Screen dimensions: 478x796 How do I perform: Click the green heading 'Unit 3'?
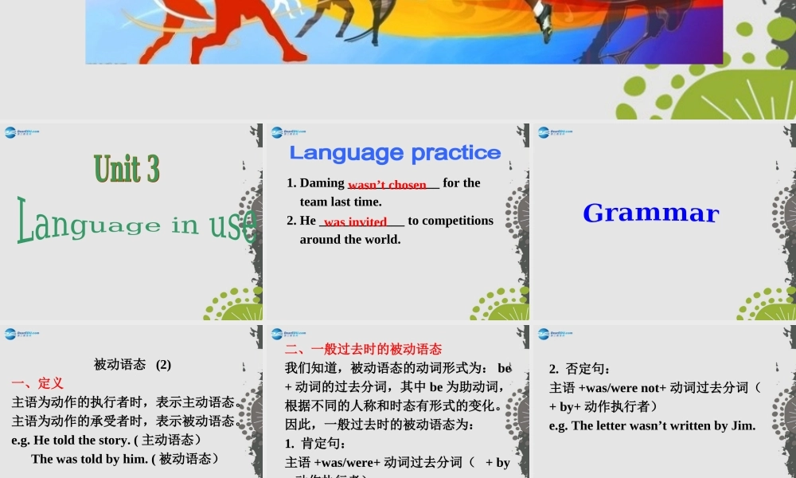coord(127,169)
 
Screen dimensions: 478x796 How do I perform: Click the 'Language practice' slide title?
coord(395,152)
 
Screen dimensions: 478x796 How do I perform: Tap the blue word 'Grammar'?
coord(650,213)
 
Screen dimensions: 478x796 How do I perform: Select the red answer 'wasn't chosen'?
coord(387,185)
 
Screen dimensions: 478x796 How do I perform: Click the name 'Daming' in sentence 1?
coord(322,183)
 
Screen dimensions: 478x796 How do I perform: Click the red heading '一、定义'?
coord(37,383)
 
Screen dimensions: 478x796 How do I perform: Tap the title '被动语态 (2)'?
coord(132,364)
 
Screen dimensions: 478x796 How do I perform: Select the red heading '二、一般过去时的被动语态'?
coord(363,349)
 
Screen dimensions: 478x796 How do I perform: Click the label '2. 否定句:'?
coord(579,369)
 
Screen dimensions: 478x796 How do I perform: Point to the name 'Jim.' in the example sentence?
coord(741,425)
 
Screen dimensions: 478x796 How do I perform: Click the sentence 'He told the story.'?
coord(81,440)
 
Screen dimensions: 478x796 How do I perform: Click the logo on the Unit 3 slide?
coord(22,132)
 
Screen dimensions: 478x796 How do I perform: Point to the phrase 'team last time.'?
coord(341,202)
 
